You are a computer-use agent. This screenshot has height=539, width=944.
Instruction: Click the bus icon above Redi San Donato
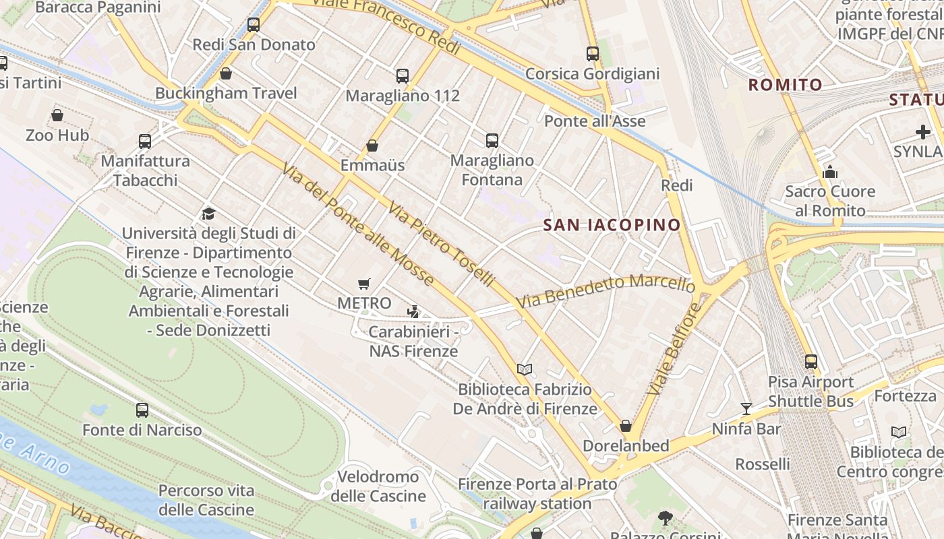(254, 25)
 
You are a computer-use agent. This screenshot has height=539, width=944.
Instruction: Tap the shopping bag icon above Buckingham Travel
(226, 73)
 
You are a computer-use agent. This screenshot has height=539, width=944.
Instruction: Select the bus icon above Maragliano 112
(403, 76)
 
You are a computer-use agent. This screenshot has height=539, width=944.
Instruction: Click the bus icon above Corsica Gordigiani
(593, 54)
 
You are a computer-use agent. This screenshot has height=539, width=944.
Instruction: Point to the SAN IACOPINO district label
(612, 225)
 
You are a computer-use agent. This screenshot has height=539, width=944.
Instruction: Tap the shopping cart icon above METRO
(364, 284)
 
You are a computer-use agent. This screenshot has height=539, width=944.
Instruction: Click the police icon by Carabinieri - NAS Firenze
(413, 312)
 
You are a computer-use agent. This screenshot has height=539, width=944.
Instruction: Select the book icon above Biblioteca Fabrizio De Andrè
(525, 369)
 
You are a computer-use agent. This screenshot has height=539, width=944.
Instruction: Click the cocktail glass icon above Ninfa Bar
(746, 409)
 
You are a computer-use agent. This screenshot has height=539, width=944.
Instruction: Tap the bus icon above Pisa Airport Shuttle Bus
(811, 362)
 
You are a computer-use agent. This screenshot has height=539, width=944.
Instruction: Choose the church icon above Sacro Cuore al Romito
(830, 172)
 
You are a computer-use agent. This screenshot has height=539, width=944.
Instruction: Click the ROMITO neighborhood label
(786, 85)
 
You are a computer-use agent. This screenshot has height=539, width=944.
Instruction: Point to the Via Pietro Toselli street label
(441, 244)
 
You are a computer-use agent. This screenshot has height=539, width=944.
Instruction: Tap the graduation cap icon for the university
(209, 214)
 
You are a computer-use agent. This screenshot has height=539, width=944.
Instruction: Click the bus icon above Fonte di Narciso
(142, 410)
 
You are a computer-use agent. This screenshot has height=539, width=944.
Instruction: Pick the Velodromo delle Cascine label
(378, 486)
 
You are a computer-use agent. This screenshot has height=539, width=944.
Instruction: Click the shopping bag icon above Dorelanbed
(626, 426)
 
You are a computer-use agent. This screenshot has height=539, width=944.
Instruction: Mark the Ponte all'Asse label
(595, 121)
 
